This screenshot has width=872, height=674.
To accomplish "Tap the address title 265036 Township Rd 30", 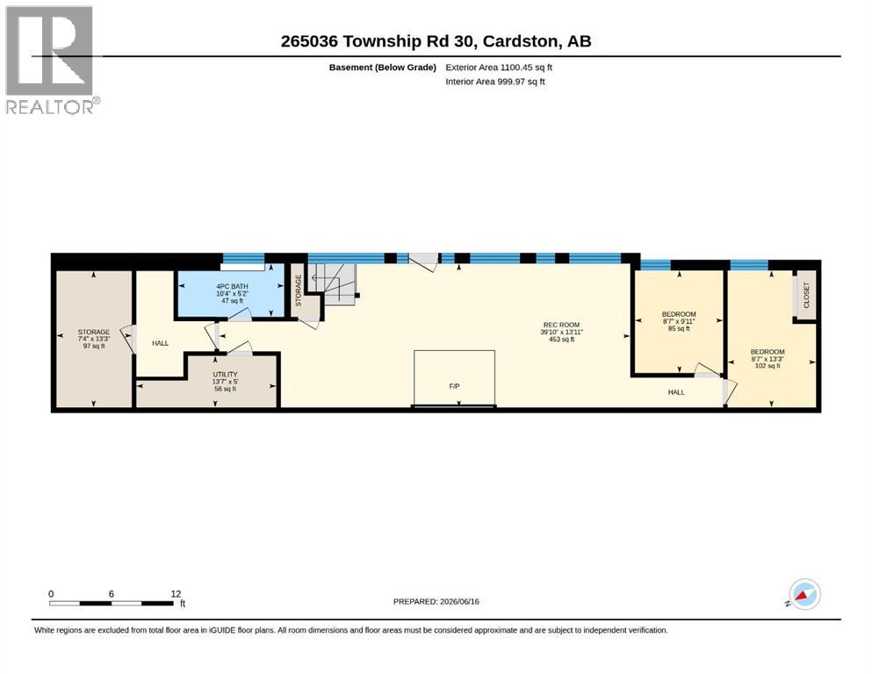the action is point(378,41).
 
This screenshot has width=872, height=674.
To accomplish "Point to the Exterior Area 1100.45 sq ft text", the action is point(499,68).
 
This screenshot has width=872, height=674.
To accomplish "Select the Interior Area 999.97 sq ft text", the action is point(495,82).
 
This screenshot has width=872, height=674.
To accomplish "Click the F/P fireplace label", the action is point(454,386).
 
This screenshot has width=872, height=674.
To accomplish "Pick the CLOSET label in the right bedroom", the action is point(806,296).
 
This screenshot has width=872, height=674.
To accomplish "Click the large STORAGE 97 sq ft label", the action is point(94,339).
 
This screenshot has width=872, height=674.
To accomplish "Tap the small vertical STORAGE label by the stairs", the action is point(298,290).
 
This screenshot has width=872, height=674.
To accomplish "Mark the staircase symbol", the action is point(333,283).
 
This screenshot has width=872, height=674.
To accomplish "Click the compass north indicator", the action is point(804,594).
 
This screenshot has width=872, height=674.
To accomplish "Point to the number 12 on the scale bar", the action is point(176,594).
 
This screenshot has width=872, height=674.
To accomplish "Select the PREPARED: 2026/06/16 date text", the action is point(436,601).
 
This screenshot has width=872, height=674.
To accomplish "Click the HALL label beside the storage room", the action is point(160,343).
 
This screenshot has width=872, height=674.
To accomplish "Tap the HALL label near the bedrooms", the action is point(676,392).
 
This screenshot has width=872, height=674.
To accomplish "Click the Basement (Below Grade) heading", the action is point(383,68).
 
